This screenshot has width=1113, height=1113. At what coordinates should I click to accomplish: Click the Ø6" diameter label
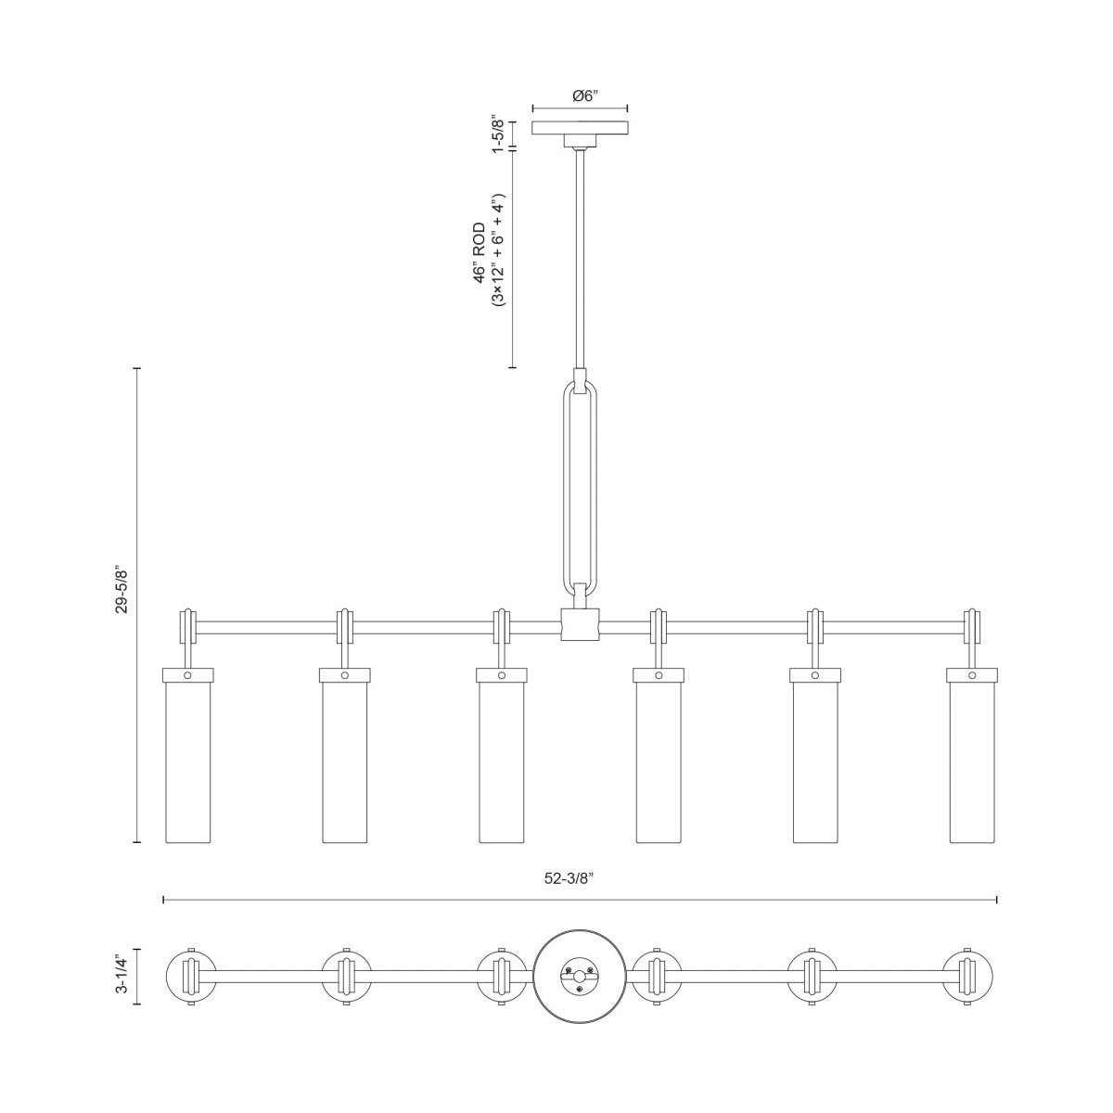coord(579,96)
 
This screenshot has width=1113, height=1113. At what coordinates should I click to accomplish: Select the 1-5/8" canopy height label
coord(498,135)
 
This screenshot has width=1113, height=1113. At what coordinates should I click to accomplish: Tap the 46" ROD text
coord(480,252)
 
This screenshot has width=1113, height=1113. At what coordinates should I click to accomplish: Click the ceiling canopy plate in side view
coord(580,128)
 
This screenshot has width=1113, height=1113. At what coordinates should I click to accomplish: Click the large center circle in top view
coord(581,977)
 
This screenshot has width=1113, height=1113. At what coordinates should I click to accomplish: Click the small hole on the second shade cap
coord(345,676)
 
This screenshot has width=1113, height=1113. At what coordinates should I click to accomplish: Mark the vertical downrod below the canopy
coord(581,260)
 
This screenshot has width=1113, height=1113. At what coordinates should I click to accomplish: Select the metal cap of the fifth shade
coord(816,676)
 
